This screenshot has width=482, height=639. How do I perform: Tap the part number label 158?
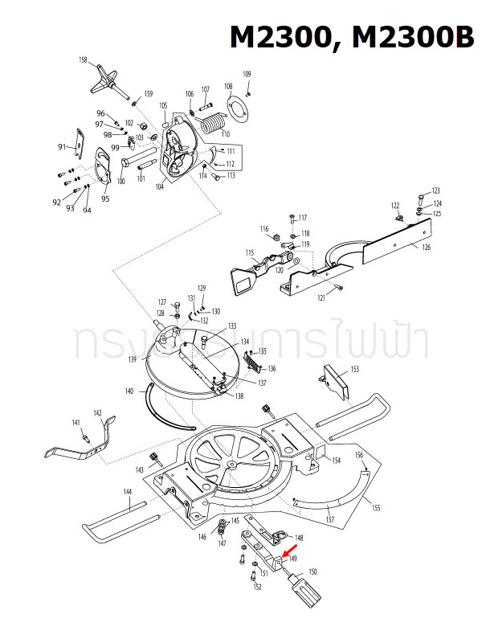point(83,60)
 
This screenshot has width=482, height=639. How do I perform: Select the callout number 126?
point(426,247)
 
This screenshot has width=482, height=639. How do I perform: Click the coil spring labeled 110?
point(213,123)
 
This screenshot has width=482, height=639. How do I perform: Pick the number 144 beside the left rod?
point(128,491)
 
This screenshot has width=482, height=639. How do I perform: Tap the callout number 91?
point(62,147)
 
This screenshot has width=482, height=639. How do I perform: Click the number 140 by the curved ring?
point(129,391)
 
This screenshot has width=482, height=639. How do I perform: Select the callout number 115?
point(250,253)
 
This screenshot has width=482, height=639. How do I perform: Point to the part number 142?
point(97,413)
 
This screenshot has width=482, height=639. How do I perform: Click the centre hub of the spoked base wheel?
point(232,465)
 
